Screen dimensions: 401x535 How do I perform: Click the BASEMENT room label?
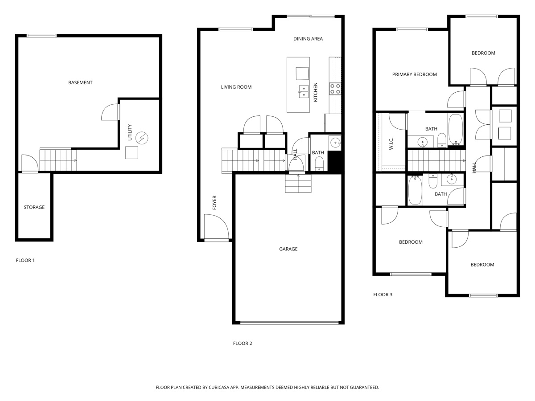coord(80,82)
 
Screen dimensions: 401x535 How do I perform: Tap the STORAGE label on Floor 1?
coord(34,207)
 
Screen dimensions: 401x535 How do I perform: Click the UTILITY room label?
coord(130,133)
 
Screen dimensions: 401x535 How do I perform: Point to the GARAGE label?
coord(288,249)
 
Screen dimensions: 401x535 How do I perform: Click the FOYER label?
coord(214,203)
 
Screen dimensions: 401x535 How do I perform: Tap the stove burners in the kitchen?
coord(335,89)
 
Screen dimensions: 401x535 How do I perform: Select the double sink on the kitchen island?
coord(303,91)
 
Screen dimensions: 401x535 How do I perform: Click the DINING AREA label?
coord(308,39)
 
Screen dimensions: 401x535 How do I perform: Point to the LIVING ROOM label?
coord(236,87)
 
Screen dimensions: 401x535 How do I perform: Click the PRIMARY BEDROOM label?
coord(414,74)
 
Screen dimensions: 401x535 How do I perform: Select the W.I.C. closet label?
coord(391,143)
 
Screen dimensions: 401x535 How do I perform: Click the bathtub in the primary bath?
coord(456,130)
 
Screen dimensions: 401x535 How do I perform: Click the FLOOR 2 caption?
coord(243,344)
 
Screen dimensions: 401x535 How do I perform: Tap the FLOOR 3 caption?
coord(383,295)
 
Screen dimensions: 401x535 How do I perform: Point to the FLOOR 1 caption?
coord(25,260)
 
